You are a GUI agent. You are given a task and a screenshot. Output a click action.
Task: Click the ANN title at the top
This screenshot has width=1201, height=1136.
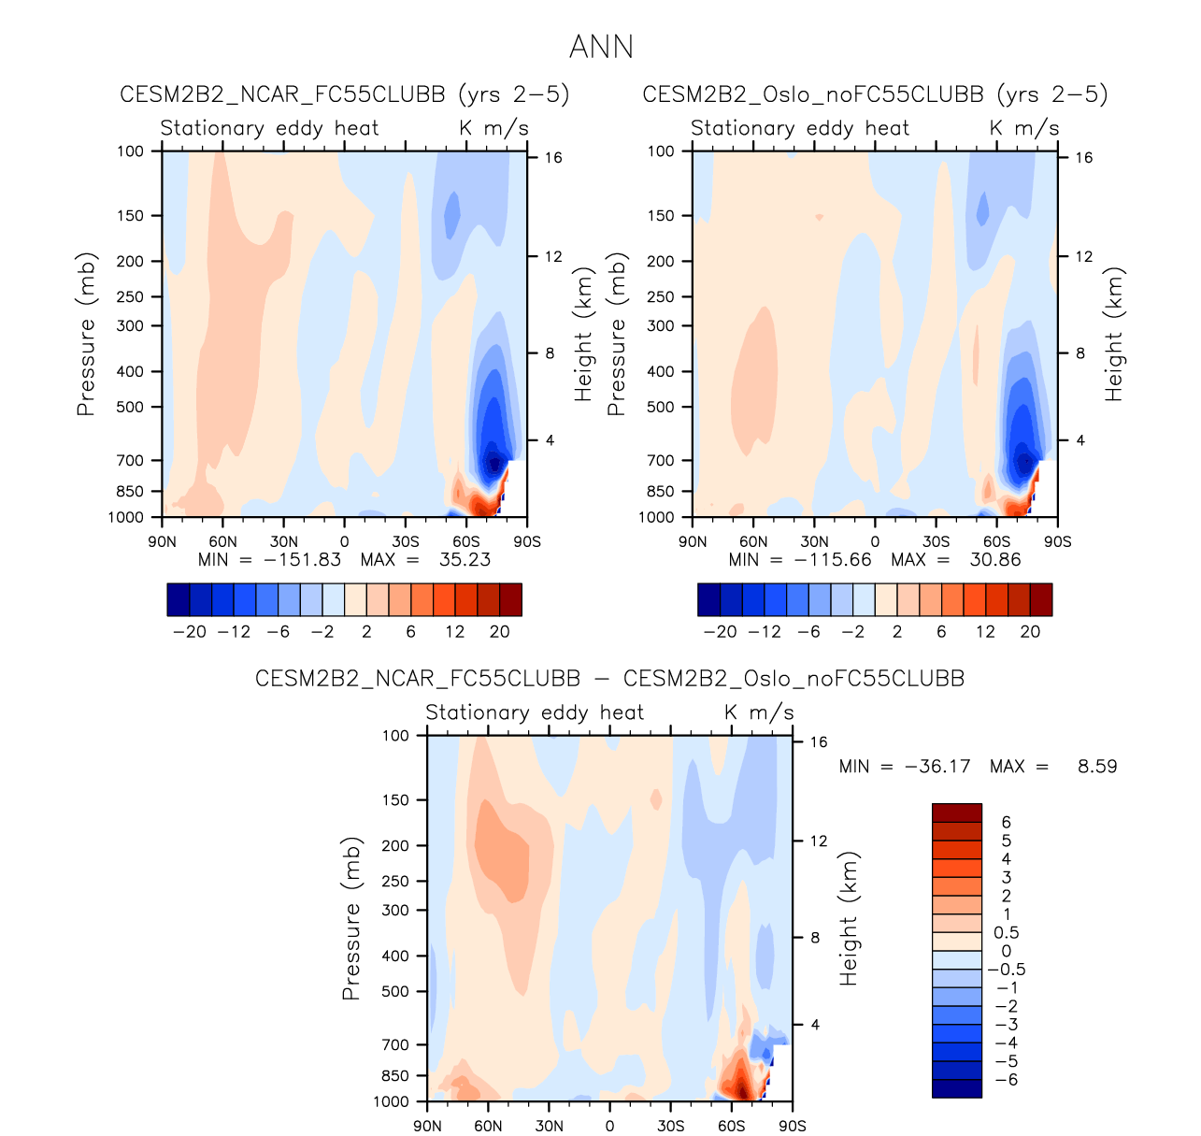click(x=601, y=47)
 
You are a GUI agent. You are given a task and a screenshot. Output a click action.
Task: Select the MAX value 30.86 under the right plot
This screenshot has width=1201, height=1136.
click(x=996, y=560)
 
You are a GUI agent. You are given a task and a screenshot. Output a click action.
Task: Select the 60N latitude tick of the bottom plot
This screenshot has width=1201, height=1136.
click(x=488, y=1126)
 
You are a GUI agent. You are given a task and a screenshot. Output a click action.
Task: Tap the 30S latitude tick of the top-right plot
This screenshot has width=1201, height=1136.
click(x=936, y=541)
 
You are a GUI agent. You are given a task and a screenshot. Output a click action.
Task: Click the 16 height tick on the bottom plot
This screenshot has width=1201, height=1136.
click(x=819, y=742)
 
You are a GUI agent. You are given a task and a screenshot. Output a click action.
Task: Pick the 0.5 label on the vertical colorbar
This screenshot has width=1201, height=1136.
click(x=1007, y=933)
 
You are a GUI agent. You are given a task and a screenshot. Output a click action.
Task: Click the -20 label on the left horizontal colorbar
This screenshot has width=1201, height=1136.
click(x=190, y=631)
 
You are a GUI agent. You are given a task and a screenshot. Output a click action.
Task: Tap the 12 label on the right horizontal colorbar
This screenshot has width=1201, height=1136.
click(x=985, y=631)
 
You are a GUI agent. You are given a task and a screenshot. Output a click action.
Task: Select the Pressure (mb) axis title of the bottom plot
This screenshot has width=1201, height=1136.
click(x=351, y=918)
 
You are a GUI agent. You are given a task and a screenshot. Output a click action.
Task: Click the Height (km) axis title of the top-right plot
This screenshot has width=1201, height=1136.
click(x=1114, y=334)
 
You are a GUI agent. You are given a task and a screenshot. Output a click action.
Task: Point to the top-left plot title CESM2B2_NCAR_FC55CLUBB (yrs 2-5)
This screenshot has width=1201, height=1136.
click(x=345, y=94)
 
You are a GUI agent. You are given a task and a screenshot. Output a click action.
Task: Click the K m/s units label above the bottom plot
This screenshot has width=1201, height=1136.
click(x=759, y=712)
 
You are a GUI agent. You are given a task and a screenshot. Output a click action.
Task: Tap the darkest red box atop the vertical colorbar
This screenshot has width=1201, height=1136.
click(x=957, y=812)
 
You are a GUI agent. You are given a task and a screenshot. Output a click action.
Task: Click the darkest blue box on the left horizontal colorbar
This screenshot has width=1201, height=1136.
click(x=179, y=599)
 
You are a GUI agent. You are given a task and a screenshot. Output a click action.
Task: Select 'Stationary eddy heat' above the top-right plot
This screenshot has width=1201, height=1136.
click(x=800, y=128)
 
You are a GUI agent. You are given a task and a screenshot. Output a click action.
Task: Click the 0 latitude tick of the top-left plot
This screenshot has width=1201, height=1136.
click(x=345, y=541)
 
